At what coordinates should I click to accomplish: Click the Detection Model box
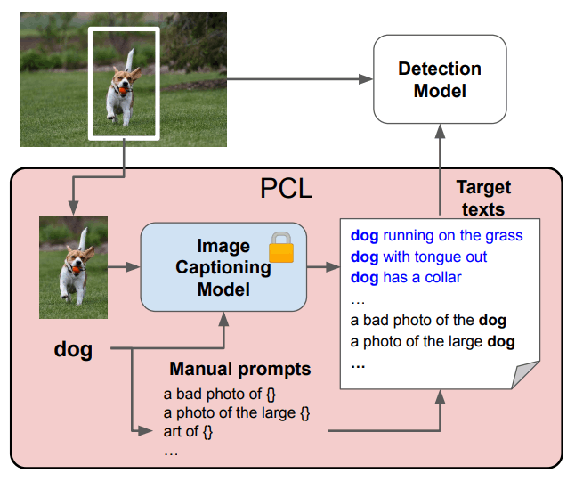(x=440, y=79)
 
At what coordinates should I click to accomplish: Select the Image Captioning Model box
(x=223, y=267)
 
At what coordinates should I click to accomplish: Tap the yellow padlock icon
(x=281, y=248)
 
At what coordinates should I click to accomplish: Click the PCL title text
(x=287, y=189)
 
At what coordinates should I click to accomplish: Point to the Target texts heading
(x=483, y=198)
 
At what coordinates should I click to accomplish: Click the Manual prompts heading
(x=240, y=369)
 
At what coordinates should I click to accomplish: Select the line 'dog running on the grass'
(x=436, y=235)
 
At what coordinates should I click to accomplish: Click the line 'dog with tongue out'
(x=418, y=257)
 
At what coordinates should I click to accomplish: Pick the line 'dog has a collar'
(x=406, y=278)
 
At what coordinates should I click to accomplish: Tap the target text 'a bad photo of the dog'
(x=428, y=321)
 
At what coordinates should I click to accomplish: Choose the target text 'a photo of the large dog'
(x=433, y=341)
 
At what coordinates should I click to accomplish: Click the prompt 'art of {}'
(x=188, y=431)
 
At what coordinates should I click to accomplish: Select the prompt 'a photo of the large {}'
(x=237, y=412)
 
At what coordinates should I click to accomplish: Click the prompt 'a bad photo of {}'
(x=220, y=394)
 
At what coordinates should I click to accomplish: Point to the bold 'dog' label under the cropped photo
(x=73, y=349)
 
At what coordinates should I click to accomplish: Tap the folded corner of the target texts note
(x=525, y=374)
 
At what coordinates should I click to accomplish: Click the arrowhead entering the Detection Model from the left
(x=366, y=79)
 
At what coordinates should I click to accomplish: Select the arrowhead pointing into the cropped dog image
(x=73, y=208)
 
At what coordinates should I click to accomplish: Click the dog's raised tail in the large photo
(x=129, y=61)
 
